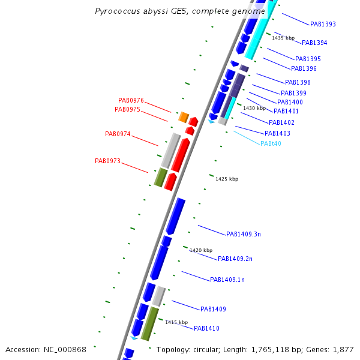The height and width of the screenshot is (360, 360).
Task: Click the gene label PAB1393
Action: tap(323, 25)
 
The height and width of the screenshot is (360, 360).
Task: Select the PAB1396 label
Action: tap(304, 69)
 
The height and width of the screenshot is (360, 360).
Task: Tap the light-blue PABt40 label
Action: tap(271, 144)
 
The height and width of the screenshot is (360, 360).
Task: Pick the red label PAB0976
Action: tap(131, 100)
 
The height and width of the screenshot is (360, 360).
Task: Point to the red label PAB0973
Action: tap(107, 161)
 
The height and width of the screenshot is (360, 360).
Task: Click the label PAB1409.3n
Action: tap(243, 234)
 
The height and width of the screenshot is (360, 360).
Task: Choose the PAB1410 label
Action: tap(206, 329)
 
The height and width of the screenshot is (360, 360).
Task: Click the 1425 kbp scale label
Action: tap(227, 179)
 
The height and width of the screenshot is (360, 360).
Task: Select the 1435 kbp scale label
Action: tap(283, 38)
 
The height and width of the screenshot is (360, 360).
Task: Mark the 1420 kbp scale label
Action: tap(201, 250)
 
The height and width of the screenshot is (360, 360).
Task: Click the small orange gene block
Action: tap(184, 116)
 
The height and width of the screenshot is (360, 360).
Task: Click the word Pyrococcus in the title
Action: tap(118, 11)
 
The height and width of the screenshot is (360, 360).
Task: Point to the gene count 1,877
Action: tap(343, 350)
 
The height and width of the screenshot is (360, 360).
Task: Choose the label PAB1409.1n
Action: tap(227, 280)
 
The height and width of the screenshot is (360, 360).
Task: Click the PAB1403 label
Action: tap(277, 133)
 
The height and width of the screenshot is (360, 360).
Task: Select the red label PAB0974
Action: tap(118, 134)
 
